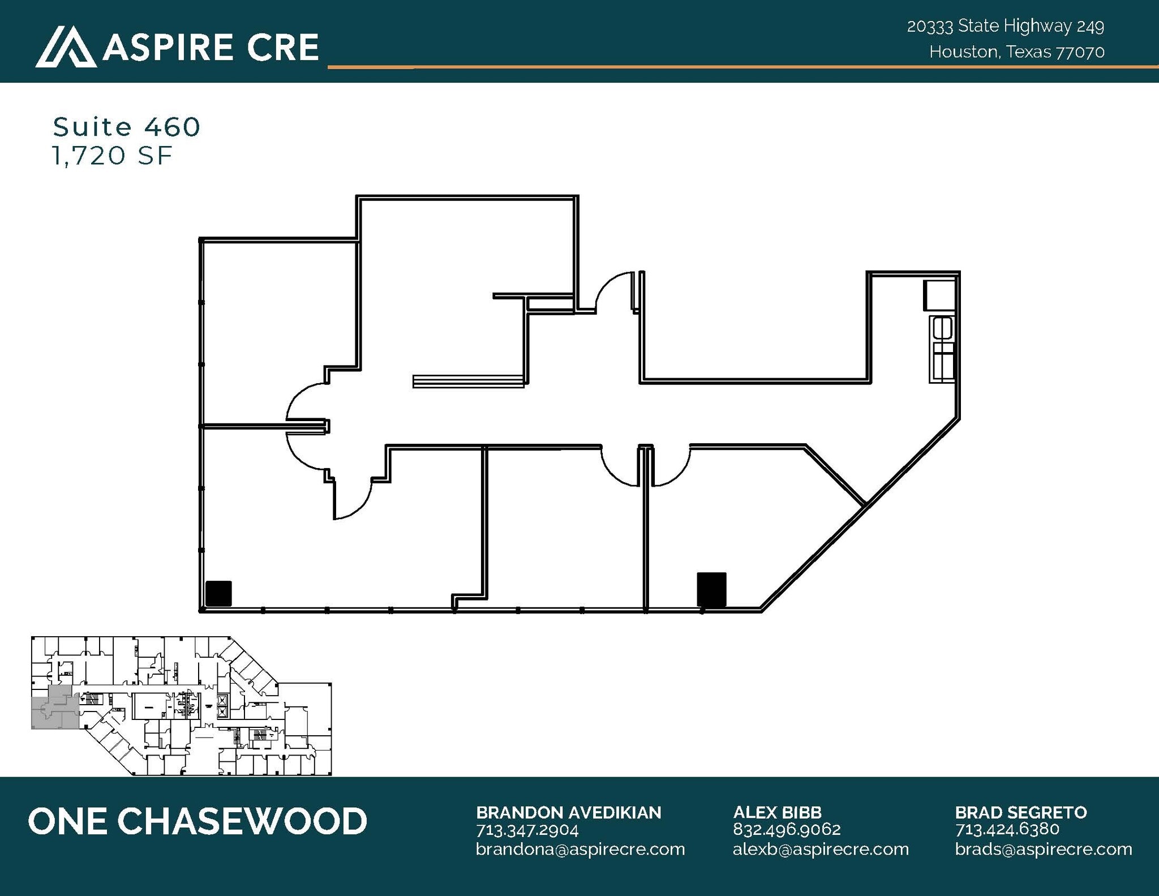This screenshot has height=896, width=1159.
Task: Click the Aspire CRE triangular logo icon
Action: tap(66, 46)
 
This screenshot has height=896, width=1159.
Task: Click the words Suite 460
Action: tap(127, 127)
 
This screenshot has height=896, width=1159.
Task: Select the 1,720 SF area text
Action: tap(111, 156)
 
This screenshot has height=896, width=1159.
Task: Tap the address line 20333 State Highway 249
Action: tap(1005, 26)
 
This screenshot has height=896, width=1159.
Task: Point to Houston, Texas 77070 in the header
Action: tap(1016, 52)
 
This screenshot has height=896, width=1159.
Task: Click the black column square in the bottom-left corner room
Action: tap(218, 594)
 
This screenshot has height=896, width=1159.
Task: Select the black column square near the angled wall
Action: tap(711, 589)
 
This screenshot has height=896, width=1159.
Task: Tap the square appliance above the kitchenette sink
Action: tap(939, 295)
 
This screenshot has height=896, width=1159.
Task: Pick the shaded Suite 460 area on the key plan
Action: tap(54, 708)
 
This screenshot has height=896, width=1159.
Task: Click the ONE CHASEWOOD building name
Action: tap(198, 821)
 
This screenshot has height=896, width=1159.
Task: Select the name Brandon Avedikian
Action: tap(568, 813)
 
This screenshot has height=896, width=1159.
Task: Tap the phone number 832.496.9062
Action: tap(786, 830)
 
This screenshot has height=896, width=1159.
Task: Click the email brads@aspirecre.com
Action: tap(1043, 850)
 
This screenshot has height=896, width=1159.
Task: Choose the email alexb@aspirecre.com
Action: tap(820, 850)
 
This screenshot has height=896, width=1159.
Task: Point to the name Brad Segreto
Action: tap(1020, 813)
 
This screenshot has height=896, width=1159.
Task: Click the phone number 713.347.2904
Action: tap(527, 830)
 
